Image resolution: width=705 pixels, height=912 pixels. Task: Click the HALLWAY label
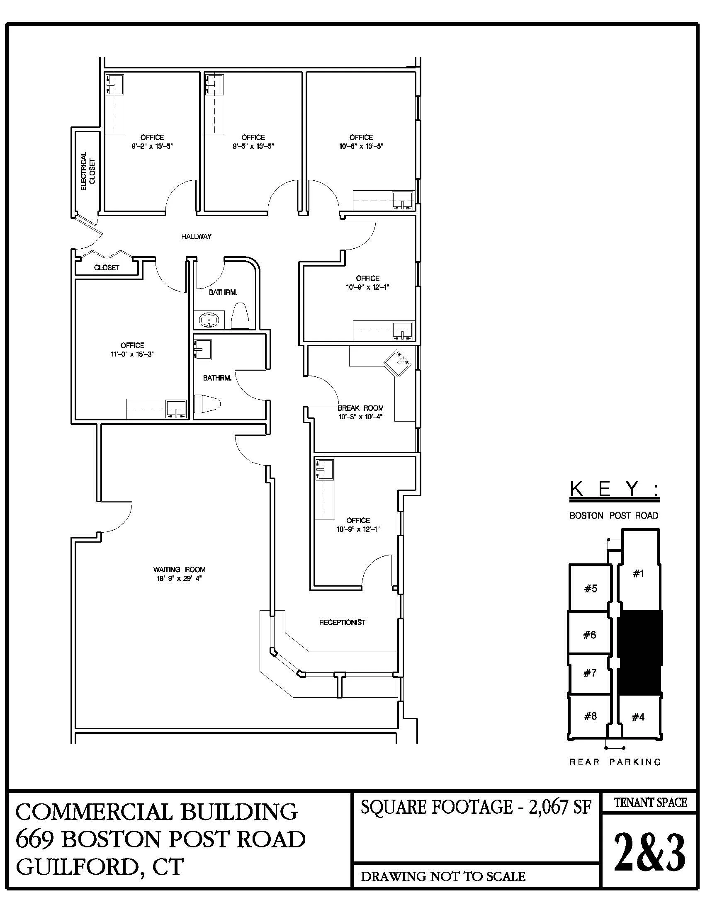coord(196,236)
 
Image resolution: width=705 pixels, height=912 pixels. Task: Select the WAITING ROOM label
coord(179,569)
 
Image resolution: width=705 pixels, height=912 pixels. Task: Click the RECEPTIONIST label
coord(342,622)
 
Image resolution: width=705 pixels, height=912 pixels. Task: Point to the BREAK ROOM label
coord(360,408)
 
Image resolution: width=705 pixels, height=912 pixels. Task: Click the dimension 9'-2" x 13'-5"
coord(152,147)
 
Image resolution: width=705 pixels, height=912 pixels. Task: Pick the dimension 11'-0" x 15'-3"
coord(132,354)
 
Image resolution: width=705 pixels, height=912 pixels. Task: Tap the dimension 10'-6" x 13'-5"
coord(361,147)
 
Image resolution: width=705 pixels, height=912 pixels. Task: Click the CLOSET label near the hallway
coord(107,268)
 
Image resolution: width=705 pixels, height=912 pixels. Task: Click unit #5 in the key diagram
coord(591,589)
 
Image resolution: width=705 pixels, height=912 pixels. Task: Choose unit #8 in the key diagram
coord(590,716)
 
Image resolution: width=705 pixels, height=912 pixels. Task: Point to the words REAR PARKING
coord(615,762)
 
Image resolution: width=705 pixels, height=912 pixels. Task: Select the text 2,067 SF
coord(560,807)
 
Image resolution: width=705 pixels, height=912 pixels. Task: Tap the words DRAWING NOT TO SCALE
coord(443,876)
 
